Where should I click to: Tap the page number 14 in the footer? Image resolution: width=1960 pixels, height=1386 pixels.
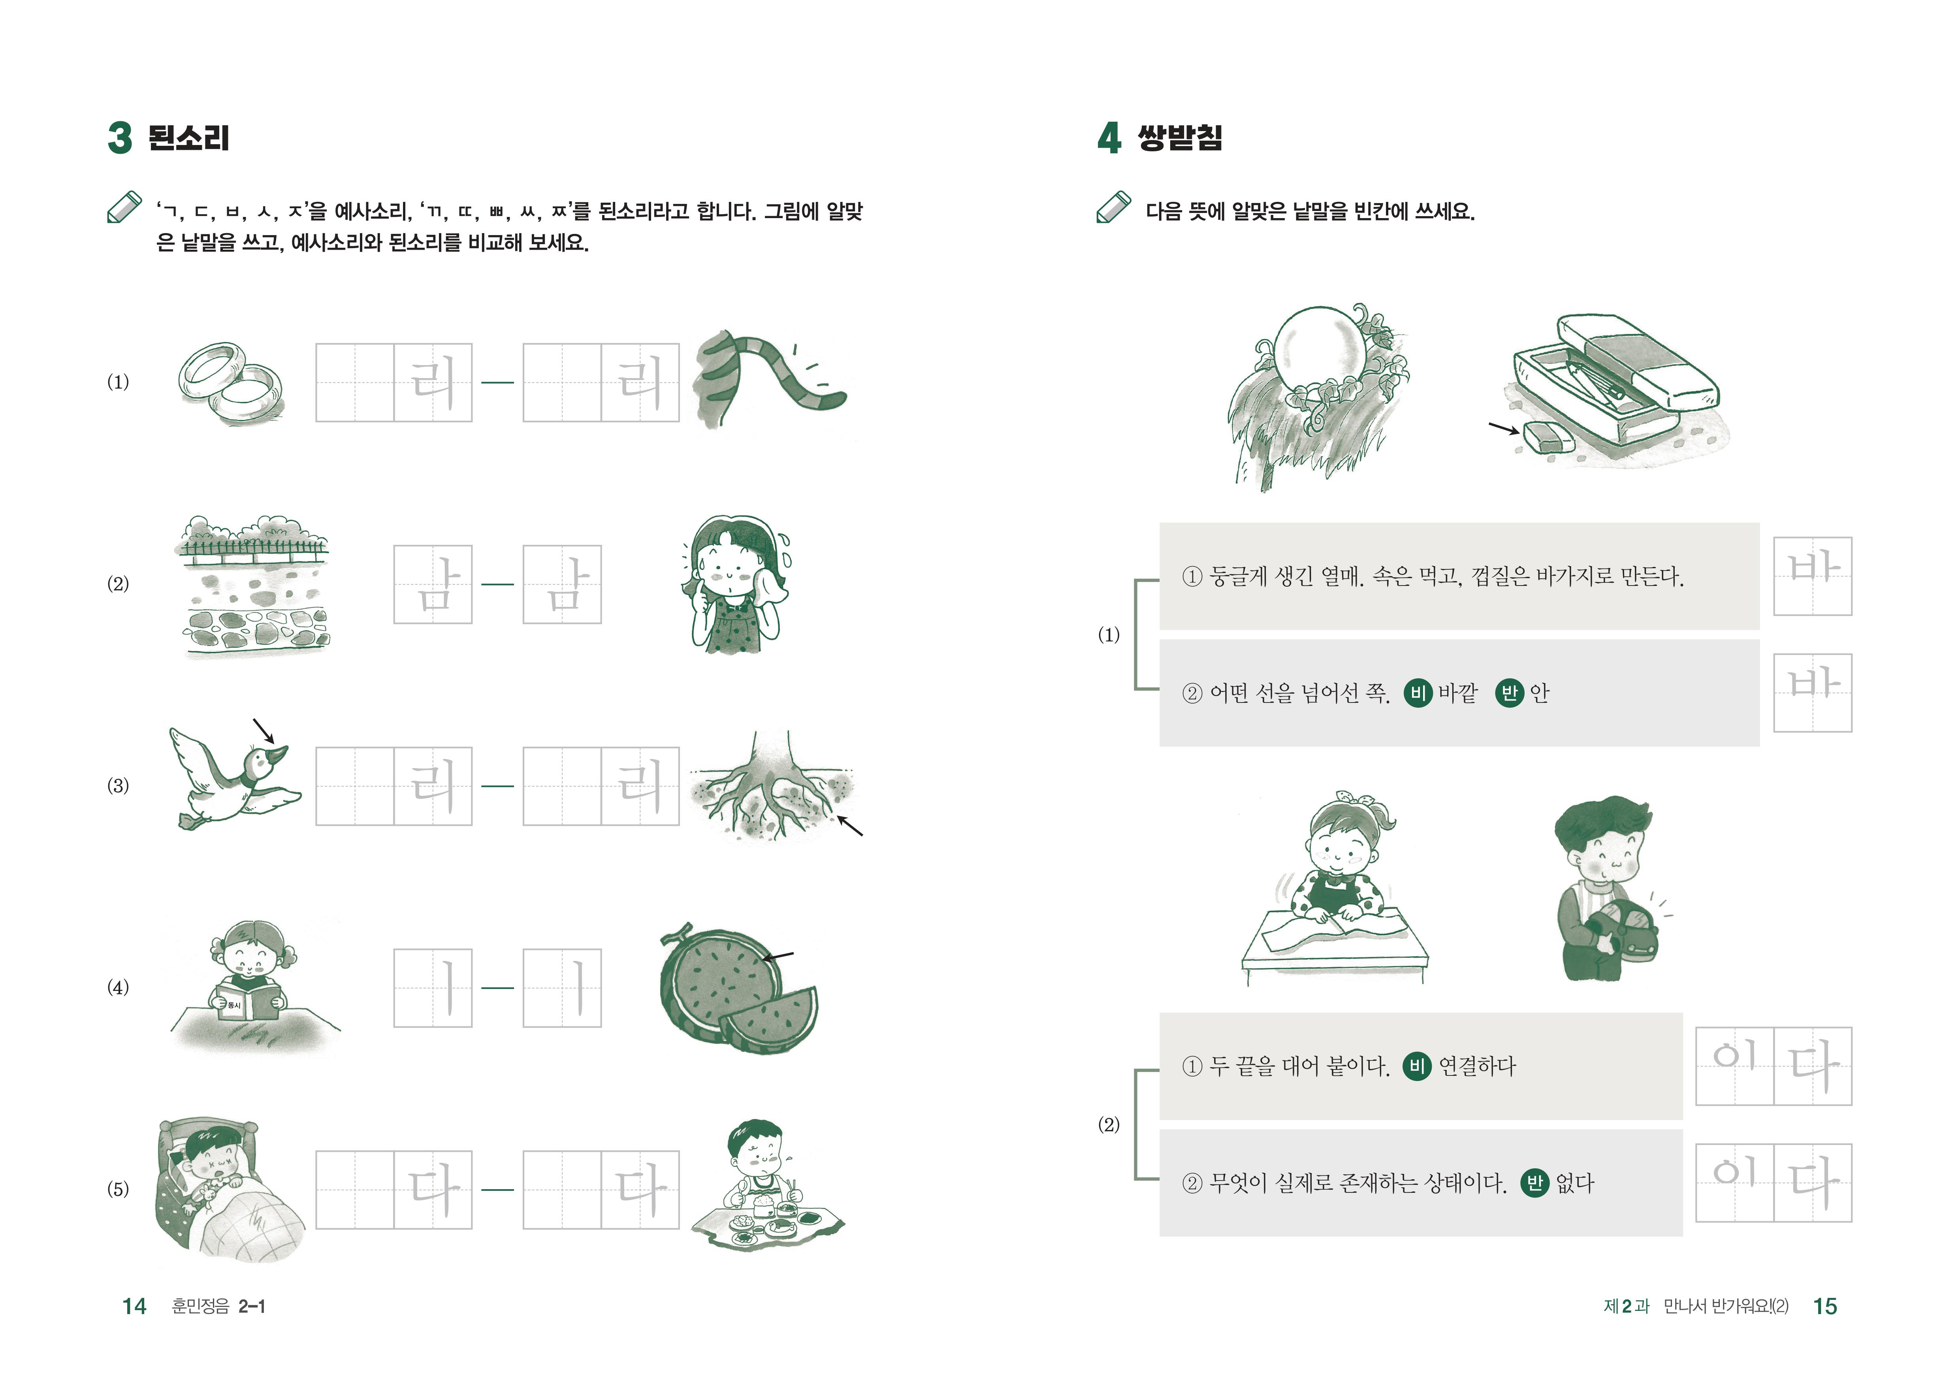tap(134, 1306)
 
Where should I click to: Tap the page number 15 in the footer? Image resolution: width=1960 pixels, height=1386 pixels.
tap(1824, 1306)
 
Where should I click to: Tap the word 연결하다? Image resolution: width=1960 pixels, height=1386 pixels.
tap(1477, 1066)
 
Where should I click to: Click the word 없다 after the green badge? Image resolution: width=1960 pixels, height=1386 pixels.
tap(1574, 1183)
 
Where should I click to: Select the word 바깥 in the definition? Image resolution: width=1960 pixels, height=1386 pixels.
tap(1457, 693)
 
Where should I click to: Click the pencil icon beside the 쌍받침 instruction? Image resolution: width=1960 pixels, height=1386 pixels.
tap(1114, 207)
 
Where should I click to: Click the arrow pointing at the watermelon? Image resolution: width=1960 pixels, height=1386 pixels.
tap(778, 957)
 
